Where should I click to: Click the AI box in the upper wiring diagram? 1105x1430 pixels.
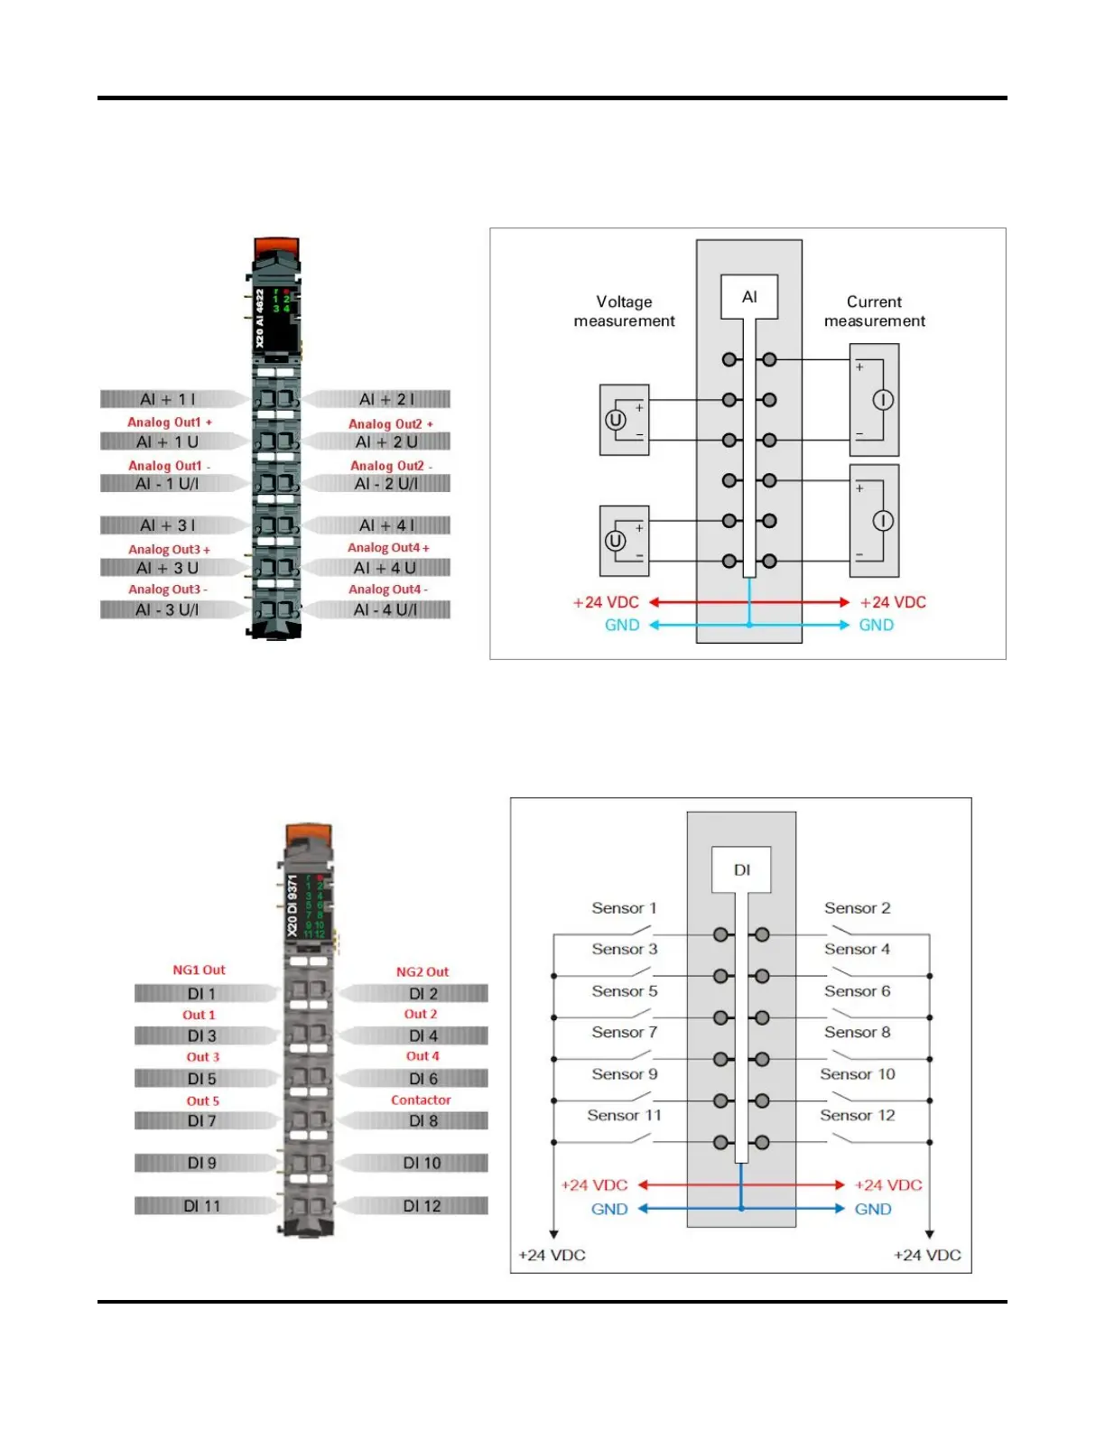point(748,297)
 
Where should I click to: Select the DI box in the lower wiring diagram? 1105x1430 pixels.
point(741,870)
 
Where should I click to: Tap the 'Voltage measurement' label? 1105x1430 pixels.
point(624,311)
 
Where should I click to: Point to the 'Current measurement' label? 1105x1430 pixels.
point(874,311)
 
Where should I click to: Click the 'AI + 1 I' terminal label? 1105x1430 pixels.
point(169,399)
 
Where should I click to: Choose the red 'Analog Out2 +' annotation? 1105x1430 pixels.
point(390,423)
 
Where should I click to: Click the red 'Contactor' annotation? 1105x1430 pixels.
point(421,1100)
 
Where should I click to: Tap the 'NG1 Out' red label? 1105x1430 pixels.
point(199,970)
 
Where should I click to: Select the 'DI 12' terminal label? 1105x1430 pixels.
point(422,1205)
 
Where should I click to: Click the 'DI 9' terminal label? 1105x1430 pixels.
point(201,1163)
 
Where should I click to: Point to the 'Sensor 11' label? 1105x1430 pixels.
point(624,1115)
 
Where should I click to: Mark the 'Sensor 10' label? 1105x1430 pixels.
point(857,1073)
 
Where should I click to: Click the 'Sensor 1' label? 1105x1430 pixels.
point(624,908)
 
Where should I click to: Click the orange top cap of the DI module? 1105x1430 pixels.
point(309,834)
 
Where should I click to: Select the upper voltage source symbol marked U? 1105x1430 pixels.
point(615,420)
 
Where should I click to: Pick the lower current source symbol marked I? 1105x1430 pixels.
point(882,521)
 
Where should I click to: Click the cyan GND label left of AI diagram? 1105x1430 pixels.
point(621,625)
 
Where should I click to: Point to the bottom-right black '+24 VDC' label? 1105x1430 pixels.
point(927,1255)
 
